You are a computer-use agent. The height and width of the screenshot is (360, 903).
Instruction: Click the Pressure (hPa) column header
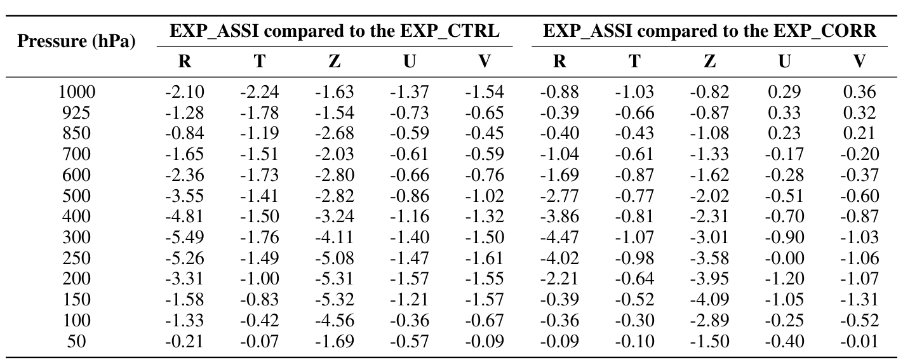77,43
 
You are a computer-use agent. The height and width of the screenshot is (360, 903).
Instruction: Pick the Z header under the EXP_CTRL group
335,61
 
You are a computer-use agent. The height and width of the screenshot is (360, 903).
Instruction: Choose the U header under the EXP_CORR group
785,61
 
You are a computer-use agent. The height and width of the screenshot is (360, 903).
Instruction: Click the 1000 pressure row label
77,92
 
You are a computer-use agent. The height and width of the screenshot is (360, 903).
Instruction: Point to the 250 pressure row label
77,258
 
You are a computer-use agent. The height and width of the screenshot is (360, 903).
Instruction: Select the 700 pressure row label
77,154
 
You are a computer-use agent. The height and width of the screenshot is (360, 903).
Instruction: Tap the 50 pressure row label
77,341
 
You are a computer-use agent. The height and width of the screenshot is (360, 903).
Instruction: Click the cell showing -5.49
185,237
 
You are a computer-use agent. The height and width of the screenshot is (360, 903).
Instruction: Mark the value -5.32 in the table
335,300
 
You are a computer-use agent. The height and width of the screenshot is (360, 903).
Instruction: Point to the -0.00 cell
785,258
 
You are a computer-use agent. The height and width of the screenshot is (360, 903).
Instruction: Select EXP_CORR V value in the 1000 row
859,92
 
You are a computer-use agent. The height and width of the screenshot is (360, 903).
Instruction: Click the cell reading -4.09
709,300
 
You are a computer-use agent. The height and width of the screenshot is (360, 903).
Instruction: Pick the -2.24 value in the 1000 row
260,92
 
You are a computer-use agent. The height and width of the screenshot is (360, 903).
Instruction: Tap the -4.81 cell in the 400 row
185,217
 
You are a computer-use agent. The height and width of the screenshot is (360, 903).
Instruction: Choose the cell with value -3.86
559,217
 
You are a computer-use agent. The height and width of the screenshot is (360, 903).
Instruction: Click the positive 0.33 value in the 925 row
785,113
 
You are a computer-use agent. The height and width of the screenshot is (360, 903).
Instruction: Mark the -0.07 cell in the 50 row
260,341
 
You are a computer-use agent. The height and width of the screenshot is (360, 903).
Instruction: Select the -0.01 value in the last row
859,341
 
